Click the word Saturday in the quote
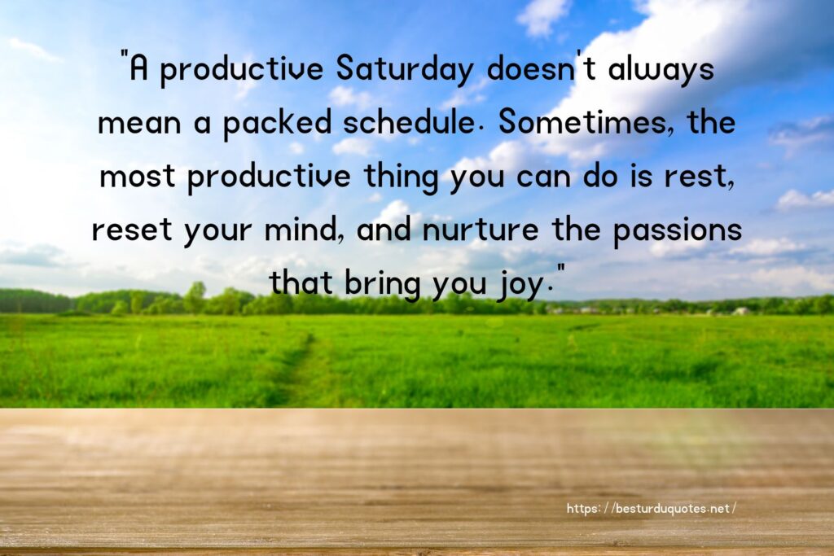(405, 70)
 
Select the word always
(661, 70)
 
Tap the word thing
(401, 177)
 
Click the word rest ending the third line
(698, 177)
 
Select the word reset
(132, 230)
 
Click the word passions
(677, 231)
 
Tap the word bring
(382, 284)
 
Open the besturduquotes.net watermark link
(651, 509)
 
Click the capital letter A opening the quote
(138, 69)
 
